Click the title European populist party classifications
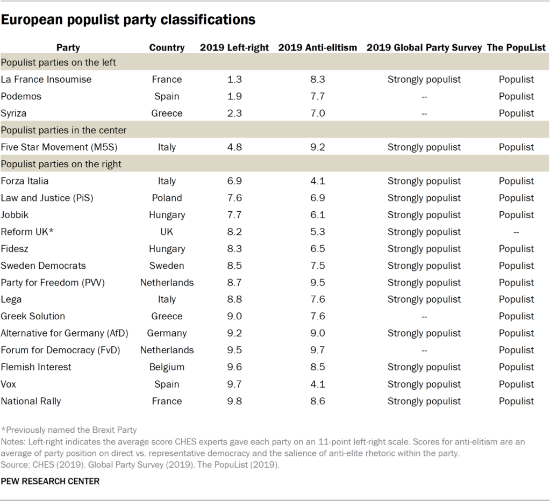pos(128,20)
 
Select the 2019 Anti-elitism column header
pos(317,47)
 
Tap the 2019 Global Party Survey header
pos(424,47)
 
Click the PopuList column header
pos(516,47)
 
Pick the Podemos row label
pos(21,96)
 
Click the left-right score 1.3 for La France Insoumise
pos(234,80)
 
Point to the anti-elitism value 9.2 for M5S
pos(317,147)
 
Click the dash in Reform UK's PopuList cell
pos(516,232)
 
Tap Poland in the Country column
pos(167,198)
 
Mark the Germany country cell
pos(167,333)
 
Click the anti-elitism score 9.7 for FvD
pos(317,350)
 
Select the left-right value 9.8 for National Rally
pos(234,401)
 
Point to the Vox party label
pos(10,384)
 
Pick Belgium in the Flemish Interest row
pos(167,367)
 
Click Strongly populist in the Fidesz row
pos(424,249)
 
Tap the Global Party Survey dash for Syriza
pos(424,113)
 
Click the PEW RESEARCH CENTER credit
pos(50,481)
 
